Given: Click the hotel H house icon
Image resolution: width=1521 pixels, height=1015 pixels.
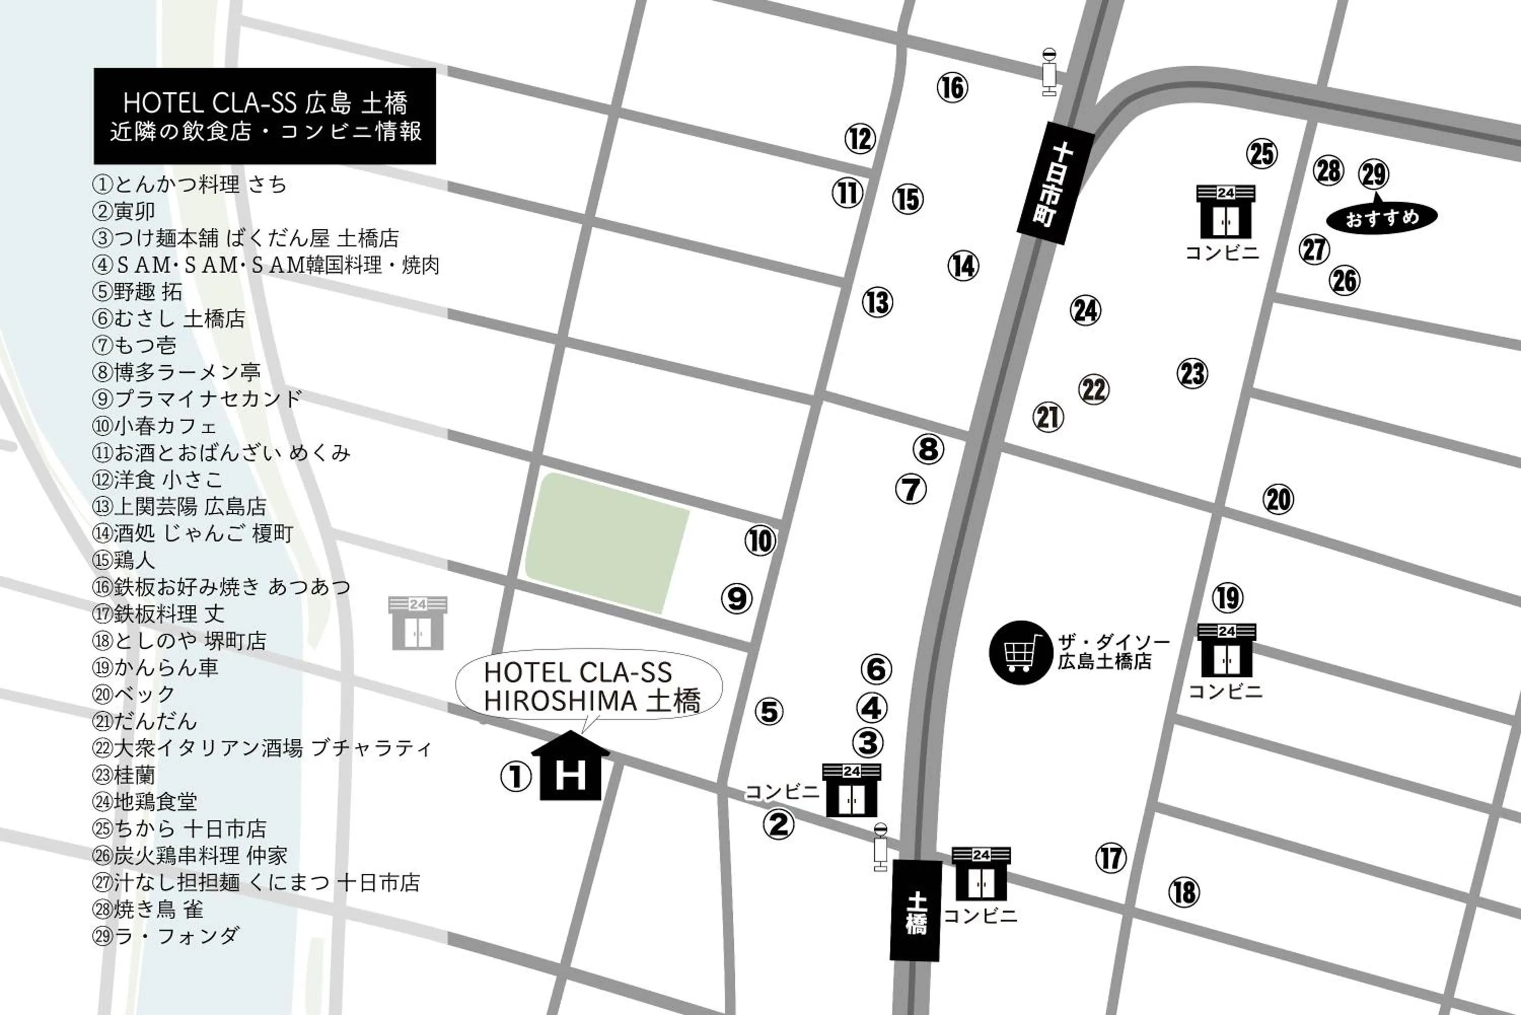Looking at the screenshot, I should pos(570,768).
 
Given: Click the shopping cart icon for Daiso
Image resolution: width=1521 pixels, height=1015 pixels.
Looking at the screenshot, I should pos(1021,652).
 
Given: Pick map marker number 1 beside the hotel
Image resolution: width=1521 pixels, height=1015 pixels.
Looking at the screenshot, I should pos(516,776).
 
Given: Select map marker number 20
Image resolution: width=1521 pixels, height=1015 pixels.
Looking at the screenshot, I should pos(1278,500).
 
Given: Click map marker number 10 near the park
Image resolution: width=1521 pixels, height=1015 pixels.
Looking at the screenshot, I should pos(760,541).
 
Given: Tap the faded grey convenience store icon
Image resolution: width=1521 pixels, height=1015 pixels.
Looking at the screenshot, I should pos(417,624).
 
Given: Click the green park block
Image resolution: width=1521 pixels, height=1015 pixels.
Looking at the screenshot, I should pos(606,542).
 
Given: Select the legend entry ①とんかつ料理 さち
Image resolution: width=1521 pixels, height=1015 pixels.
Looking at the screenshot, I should pos(190,185).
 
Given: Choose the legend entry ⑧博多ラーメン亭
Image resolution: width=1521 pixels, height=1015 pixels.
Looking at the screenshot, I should pos(177,372).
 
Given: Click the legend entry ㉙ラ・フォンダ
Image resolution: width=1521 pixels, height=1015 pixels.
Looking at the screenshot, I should pos(166,936).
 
